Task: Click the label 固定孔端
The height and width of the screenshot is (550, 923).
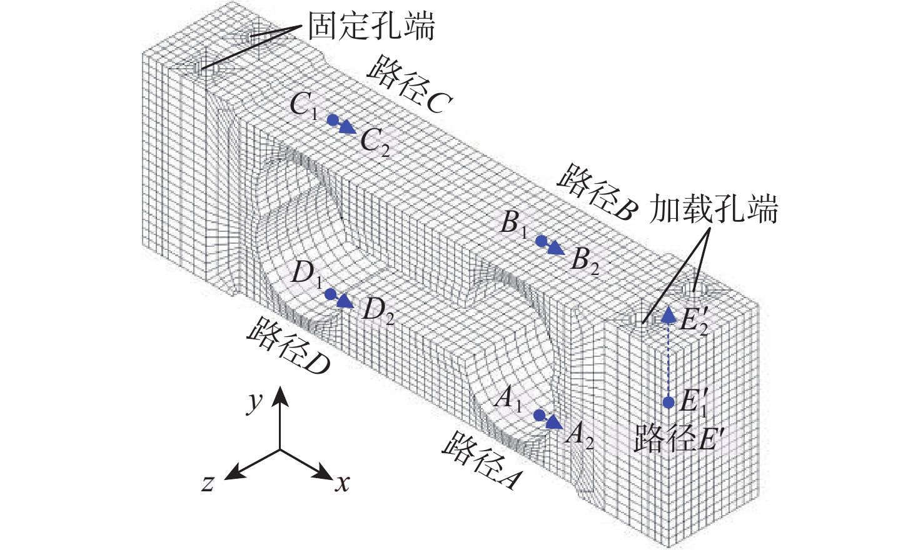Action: [x=371, y=26]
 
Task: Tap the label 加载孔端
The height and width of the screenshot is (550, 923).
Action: [x=714, y=209]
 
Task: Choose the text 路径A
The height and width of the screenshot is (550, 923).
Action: [x=482, y=461]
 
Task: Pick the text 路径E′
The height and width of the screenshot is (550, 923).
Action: [x=679, y=437]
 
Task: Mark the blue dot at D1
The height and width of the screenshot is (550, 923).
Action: [x=331, y=294]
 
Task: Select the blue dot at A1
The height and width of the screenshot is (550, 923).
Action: [x=539, y=414]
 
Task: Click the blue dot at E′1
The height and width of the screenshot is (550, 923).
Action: [x=668, y=402]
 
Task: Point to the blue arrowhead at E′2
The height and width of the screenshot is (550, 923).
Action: [x=668, y=313]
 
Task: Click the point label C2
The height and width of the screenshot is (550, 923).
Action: [x=375, y=143]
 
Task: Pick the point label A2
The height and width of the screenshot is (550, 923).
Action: [x=578, y=434]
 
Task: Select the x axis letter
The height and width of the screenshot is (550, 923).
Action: [x=342, y=482]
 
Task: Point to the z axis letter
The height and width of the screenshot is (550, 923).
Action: [x=208, y=482]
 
